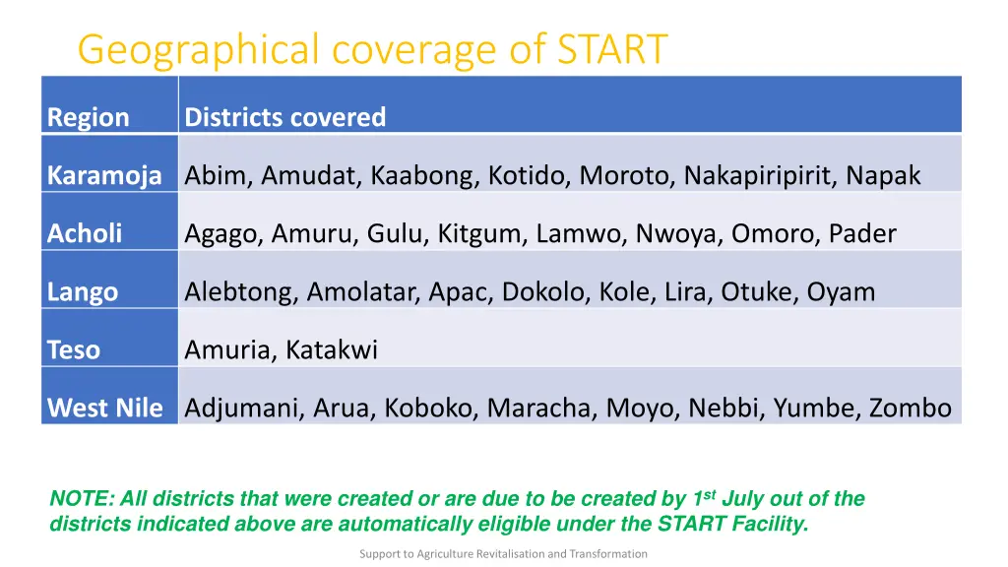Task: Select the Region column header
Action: [89, 117]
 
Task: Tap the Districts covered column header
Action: [285, 117]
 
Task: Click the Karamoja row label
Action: [104, 176]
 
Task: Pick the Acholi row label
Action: [85, 233]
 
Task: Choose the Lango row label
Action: [83, 291]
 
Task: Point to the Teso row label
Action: [74, 349]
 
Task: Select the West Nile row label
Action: [105, 408]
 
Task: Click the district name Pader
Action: [862, 233]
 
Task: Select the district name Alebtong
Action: [241, 291]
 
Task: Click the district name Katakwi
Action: [332, 349]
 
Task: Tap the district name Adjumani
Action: [244, 408]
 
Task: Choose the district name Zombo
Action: [910, 408]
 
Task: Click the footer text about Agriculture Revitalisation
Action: [503, 553]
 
